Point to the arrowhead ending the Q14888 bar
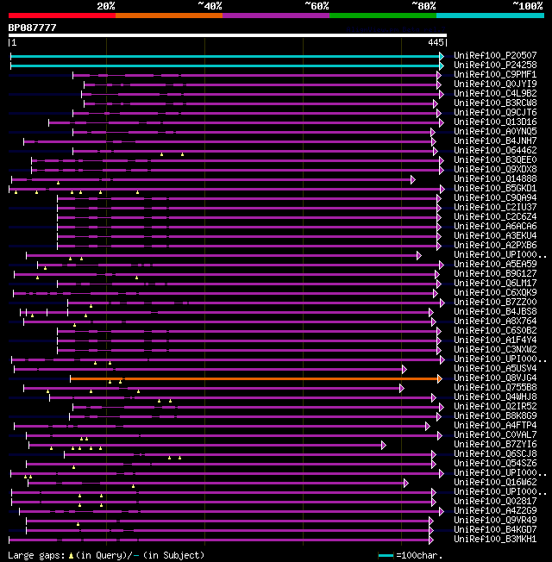point(413,179)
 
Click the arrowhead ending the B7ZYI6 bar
point(383,445)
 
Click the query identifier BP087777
point(33,28)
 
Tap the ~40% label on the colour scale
point(210,6)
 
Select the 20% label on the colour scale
point(106,6)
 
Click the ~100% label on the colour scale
point(528,6)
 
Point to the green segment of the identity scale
point(382,16)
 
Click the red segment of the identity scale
point(61,16)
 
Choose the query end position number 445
point(436,42)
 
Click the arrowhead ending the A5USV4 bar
point(404,369)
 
